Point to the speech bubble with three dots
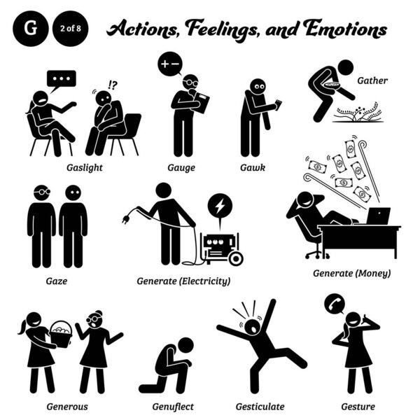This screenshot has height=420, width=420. coord(61,78)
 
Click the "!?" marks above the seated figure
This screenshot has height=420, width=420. coord(112,86)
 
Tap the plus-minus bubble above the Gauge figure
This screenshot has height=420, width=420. coord(169,62)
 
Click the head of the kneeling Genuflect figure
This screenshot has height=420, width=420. coord(185,345)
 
